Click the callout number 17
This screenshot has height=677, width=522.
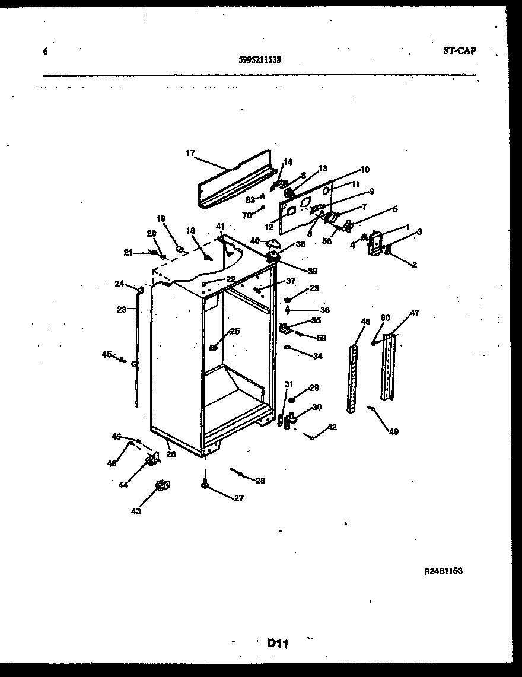[x=190, y=152]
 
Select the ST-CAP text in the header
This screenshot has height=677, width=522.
[x=459, y=50]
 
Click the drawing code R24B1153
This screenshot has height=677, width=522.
[x=443, y=571]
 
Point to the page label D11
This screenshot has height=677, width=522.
[x=277, y=643]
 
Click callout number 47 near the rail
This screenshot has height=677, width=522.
[x=414, y=313]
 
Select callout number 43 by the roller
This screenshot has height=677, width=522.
[x=136, y=511]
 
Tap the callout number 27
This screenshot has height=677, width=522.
[x=238, y=498]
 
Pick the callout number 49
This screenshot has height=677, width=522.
[x=394, y=431]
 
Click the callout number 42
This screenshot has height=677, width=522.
[x=332, y=427]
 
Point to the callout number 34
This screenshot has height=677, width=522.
[x=318, y=356]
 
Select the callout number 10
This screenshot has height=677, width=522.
[x=364, y=170]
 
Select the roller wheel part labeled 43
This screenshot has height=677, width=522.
[x=161, y=486]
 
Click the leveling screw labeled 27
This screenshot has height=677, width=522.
[x=204, y=482]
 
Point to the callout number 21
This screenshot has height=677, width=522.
[x=128, y=253]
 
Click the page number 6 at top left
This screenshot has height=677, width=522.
[x=45, y=52]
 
